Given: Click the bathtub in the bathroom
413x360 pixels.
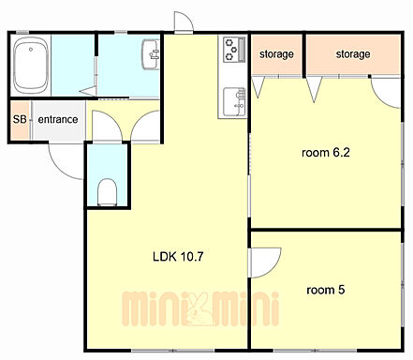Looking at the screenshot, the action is pyautogui.click(x=31, y=65).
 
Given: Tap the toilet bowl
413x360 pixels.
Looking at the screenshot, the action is pyautogui.click(x=107, y=192).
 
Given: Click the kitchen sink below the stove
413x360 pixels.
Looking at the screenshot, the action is pyautogui.click(x=234, y=101).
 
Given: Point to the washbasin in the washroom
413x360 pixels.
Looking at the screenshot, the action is pyautogui.click(x=151, y=54).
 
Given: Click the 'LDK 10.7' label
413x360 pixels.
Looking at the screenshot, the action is pyautogui.click(x=178, y=257).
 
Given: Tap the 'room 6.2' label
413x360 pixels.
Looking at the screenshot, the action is pyautogui.click(x=326, y=153).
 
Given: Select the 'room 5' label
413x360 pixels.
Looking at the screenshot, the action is pyautogui.click(x=326, y=290).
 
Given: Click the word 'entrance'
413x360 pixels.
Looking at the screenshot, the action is pyautogui.click(x=58, y=119).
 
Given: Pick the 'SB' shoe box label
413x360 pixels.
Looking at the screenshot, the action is pyautogui.click(x=20, y=119).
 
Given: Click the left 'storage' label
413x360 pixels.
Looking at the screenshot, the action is pyautogui.click(x=276, y=54).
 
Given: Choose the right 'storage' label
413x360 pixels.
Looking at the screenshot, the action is pyautogui.click(x=353, y=54).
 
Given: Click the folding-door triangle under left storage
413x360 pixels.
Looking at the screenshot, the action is pyautogui.click(x=258, y=87).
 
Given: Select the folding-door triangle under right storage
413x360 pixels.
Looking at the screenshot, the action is pyautogui.click(x=314, y=90).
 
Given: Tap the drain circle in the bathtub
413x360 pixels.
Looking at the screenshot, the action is pyautogui.click(x=31, y=49).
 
